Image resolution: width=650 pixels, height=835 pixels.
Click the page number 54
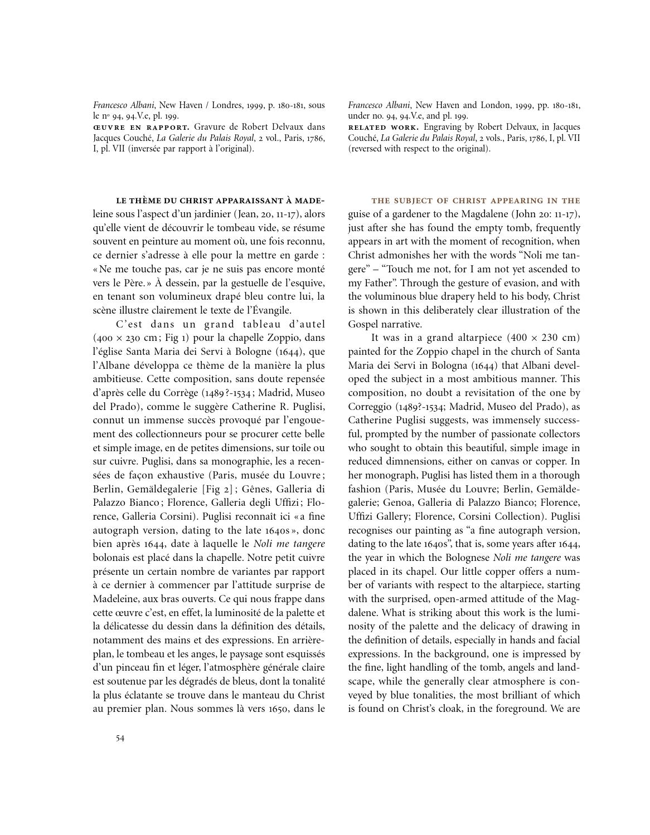click(x=120, y=739)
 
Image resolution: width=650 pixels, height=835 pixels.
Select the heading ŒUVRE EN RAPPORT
click(x=142, y=127)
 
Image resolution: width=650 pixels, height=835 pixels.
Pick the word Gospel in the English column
click(x=363, y=324)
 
